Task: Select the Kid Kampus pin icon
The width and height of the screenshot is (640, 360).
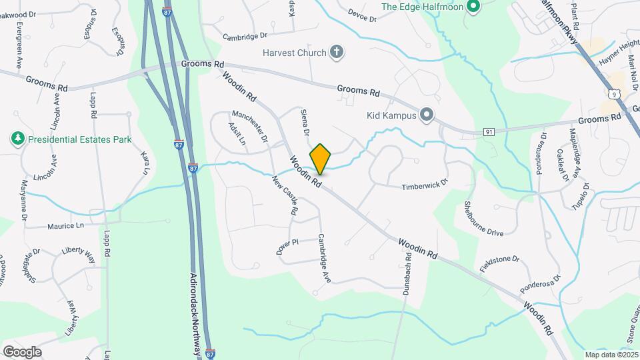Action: point(427,115)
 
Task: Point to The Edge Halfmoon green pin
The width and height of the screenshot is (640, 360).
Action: point(473,7)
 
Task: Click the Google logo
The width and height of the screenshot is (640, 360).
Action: point(22,352)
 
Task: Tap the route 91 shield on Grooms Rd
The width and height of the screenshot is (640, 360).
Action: point(489,133)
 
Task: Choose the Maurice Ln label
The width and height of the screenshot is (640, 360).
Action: point(65,227)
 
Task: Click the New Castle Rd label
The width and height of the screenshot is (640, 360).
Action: point(285,195)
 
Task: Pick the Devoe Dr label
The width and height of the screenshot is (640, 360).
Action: point(363,15)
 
